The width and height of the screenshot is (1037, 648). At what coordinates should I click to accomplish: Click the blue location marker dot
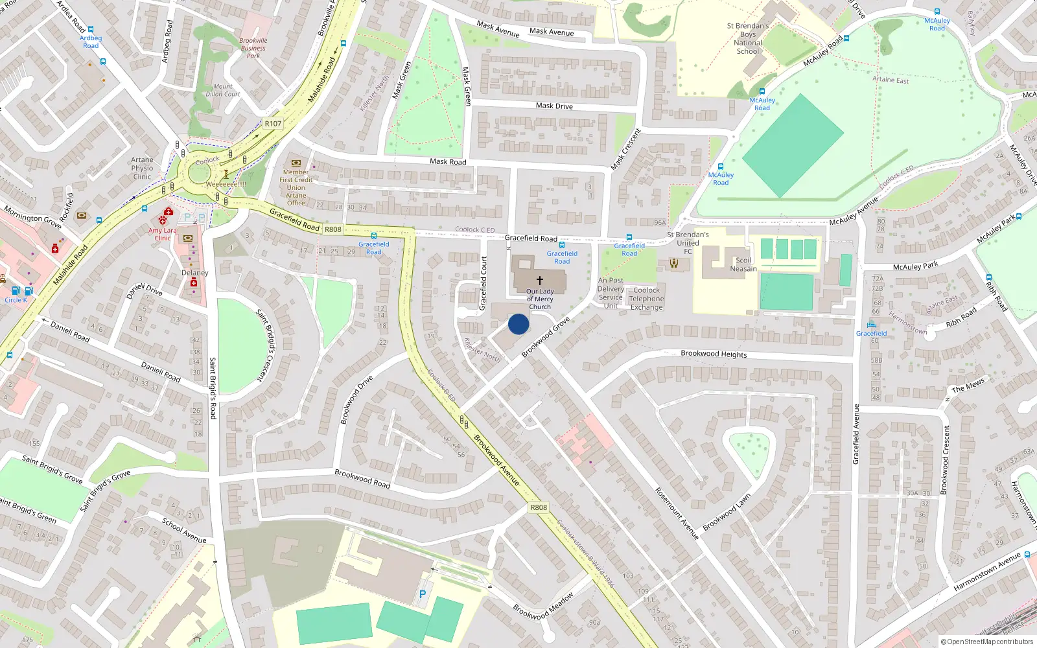coord(518,324)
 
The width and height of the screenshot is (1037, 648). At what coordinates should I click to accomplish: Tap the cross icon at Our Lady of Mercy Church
coord(539,281)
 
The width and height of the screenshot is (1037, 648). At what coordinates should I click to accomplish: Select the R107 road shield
coord(273,124)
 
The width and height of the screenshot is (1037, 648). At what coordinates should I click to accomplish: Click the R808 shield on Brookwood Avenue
coord(539,507)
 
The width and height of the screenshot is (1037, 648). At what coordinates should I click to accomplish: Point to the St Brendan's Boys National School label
coord(748,39)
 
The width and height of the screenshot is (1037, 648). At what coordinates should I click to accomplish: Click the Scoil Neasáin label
coord(743,264)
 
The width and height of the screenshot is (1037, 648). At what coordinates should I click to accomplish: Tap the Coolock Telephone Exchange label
coord(646,299)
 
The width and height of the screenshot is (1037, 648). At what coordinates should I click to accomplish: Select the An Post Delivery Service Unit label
coord(611,294)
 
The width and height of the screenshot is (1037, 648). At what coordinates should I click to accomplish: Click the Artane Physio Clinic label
coord(142,168)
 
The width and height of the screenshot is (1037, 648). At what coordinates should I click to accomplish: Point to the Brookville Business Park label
coord(253,48)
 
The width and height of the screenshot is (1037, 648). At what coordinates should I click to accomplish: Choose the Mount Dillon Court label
coord(223,90)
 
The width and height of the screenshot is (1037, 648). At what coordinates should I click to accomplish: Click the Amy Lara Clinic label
coord(162,234)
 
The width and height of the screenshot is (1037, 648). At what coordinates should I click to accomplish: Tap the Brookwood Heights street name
coord(714,354)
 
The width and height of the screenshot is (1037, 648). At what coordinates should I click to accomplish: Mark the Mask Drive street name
coord(554,106)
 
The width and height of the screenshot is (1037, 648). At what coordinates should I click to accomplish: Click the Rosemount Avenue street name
coord(677,513)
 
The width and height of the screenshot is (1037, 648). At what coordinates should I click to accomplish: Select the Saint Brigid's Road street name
coord(213,388)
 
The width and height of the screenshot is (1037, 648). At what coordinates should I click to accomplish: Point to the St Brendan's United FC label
coord(688,243)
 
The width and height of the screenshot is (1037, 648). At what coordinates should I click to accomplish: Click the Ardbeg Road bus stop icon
coord(91,29)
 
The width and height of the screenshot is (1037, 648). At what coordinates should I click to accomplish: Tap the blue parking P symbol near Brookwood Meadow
coord(423,594)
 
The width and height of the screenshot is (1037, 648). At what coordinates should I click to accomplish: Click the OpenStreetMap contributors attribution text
coord(987,642)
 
